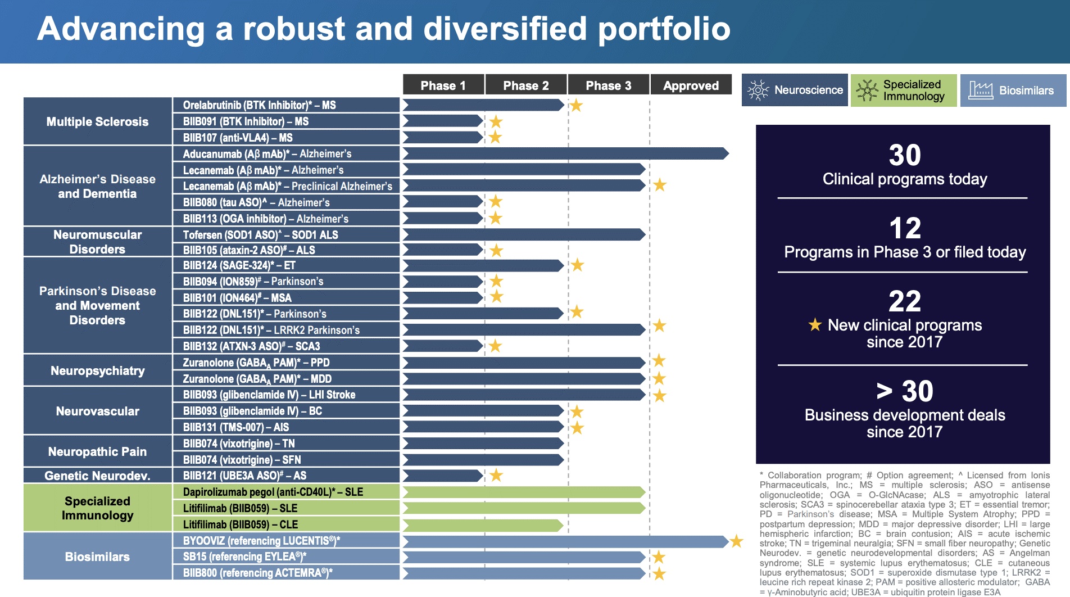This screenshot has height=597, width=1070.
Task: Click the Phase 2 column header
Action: [x=526, y=85]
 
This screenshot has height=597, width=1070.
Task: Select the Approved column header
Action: [x=691, y=85]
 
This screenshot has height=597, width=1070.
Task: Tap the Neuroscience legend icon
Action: [x=758, y=90]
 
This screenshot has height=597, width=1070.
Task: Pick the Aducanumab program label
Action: [x=267, y=153]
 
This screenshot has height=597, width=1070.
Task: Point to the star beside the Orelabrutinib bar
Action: [x=576, y=105]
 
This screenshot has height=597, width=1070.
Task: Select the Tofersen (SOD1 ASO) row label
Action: [x=260, y=234]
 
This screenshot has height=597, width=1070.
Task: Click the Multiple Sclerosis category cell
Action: [x=97, y=121]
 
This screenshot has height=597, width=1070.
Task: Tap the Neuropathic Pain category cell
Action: [x=97, y=451]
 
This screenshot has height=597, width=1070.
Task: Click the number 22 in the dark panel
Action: [x=904, y=301]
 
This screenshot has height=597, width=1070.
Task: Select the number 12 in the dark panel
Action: [x=905, y=228]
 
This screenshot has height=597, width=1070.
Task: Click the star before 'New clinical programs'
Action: [x=814, y=324]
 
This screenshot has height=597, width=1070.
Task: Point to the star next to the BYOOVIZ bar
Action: [x=736, y=541]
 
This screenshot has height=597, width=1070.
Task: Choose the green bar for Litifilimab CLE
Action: [x=483, y=525]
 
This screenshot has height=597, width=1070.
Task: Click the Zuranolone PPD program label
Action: [x=256, y=363]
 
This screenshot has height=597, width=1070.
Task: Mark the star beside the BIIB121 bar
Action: [x=496, y=476]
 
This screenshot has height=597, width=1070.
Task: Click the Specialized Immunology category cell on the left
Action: [x=97, y=508]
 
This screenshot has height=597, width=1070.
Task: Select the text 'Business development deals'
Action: [x=904, y=415]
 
